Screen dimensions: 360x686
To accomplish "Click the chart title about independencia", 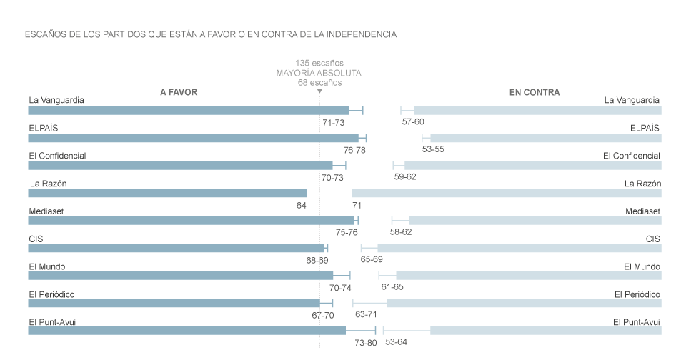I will [x=210, y=34].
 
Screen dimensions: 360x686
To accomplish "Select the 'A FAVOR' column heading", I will [x=179, y=92].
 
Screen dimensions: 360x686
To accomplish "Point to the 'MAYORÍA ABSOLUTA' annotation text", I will [x=319, y=73].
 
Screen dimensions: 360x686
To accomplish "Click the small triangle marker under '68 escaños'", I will [x=319, y=91].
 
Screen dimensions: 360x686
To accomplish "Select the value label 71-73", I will [x=334, y=123].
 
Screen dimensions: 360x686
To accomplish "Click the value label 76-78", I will [x=354, y=150].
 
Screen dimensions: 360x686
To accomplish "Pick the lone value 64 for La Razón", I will [x=301, y=205].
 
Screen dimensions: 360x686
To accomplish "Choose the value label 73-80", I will [x=366, y=343].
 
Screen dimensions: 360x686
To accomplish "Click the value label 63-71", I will [x=366, y=315].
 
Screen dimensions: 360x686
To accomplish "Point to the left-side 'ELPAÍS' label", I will [x=44, y=128].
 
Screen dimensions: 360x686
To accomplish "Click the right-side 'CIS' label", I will [x=652, y=239].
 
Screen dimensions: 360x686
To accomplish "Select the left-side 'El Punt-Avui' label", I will [x=52, y=321].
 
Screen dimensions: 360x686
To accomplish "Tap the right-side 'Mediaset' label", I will [x=642, y=211].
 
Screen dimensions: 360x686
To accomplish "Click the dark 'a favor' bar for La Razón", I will [x=167, y=193].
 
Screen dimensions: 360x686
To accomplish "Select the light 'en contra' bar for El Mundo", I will [x=528, y=276].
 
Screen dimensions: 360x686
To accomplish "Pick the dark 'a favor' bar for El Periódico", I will [x=174, y=304].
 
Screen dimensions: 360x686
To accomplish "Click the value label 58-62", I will [x=401, y=232].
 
